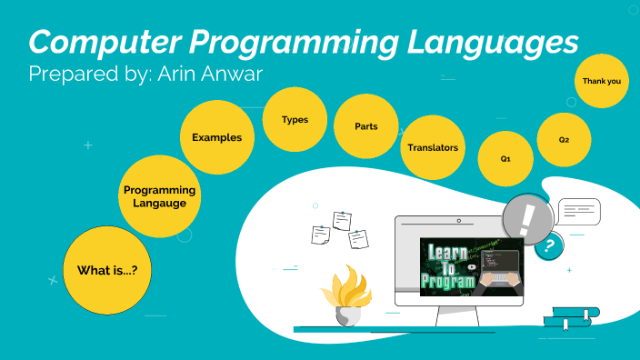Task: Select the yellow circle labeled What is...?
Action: [113, 270]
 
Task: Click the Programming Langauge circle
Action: [160, 195]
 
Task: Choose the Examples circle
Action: [217, 138]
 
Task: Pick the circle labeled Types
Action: [295, 120]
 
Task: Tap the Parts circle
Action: [366, 126]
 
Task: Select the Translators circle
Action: [433, 147]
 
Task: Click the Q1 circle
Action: [505, 158]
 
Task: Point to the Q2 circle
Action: [565, 140]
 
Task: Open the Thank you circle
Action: [602, 81]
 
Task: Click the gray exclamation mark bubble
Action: [526, 218]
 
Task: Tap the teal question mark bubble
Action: [548, 245]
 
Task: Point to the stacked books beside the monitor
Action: [571, 317]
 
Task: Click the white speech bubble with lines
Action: [579, 212]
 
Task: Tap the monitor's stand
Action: [458, 315]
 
